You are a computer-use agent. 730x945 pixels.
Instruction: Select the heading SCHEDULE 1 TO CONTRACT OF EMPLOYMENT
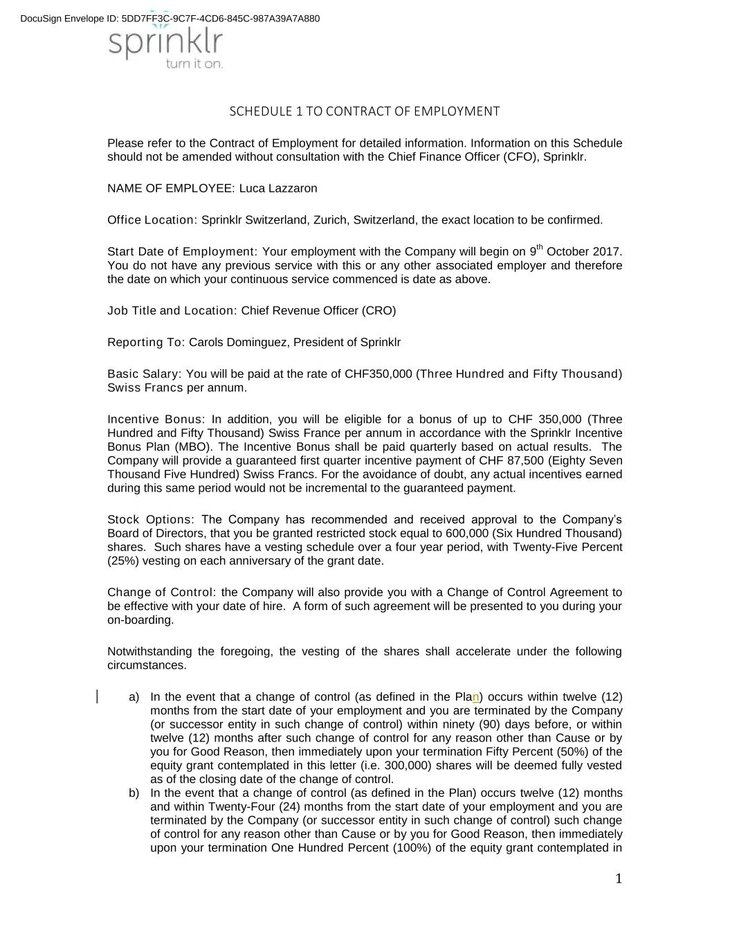click(364, 111)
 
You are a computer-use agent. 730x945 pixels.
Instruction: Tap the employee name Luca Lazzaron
click(278, 188)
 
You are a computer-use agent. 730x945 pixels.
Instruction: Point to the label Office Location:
click(152, 220)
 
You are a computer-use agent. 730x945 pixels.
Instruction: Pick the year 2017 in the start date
click(608, 252)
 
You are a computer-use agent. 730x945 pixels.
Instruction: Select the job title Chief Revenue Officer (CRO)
click(318, 311)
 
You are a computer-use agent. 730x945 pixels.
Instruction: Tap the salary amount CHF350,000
click(378, 375)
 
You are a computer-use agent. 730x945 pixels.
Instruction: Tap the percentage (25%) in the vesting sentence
click(123, 561)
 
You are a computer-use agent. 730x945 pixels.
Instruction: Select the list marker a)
click(134, 697)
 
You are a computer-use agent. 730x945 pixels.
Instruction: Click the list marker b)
click(134, 793)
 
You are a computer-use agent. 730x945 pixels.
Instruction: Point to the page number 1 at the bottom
click(619, 879)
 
